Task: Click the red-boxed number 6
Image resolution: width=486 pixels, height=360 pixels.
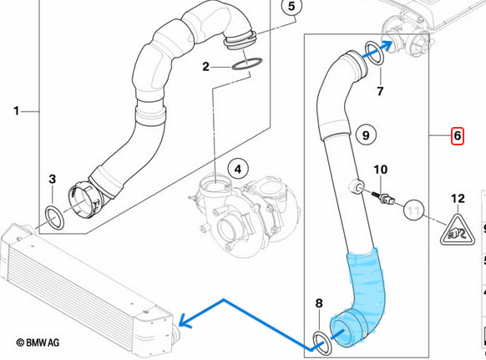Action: click(x=457, y=136)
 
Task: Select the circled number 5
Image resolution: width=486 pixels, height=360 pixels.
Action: click(x=291, y=6)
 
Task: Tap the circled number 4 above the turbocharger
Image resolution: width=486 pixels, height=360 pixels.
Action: click(x=238, y=170)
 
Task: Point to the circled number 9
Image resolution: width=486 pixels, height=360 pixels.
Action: click(x=366, y=135)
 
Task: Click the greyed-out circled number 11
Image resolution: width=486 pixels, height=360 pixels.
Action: click(x=413, y=210)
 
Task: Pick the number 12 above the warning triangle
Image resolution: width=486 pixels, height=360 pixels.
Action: click(x=458, y=199)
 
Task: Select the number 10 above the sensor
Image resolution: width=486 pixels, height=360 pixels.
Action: click(x=380, y=170)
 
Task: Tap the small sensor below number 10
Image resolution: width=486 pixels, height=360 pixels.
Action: click(x=383, y=198)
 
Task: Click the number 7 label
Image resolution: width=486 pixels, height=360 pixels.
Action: click(x=380, y=91)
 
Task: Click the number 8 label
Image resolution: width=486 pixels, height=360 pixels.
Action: click(x=319, y=303)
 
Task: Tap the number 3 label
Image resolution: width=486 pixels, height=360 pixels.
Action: click(x=52, y=179)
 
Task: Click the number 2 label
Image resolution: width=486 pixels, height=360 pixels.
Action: click(x=205, y=66)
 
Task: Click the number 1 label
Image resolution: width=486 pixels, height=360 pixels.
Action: click(x=17, y=111)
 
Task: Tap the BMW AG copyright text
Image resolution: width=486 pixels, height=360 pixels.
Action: click(x=38, y=342)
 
